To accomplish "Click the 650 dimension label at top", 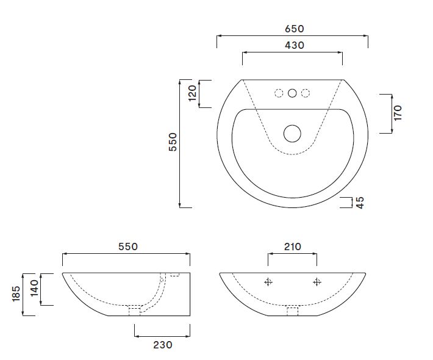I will [x=293, y=29].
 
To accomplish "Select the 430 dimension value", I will [x=293, y=45].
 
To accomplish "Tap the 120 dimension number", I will [x=193, y=93].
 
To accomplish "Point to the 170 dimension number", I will [x=398, y=113].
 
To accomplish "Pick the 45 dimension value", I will [x=360, y=203].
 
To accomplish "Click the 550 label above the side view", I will [x=127, y=247].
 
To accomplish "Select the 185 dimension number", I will [x=16, y=293].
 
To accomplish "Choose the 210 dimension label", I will [x=292, y=247].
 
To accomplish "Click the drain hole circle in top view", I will [x=293, y=133].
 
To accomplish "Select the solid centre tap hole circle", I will [x=293, y=93].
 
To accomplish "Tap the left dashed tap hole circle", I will [x=279, y=93].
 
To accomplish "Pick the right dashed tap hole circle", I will [x=306, y=93].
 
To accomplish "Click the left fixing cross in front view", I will [x=268, y=281].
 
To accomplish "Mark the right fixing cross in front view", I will [x=317, y=281].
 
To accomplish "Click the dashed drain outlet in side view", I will [x=134, y=310].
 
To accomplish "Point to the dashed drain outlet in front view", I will [x=292, y=311].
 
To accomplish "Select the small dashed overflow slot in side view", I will [x=174, y=276].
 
